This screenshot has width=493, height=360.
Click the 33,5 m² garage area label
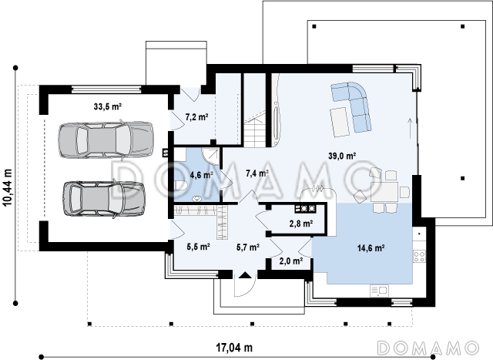[108, 106]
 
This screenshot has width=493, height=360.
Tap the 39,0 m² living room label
[342, 156]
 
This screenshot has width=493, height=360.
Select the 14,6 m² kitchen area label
[371, 248]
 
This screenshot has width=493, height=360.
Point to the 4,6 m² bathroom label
[202, 175]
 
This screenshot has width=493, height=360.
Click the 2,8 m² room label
[301, 224]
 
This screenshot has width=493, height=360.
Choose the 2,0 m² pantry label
[291, 261]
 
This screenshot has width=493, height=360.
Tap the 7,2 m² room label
[197, 117]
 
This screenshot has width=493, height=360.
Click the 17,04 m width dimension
[234, 348]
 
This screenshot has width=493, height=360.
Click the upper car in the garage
[106, 140]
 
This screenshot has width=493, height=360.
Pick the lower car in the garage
[104, 197]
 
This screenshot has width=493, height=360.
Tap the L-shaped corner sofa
[354, 106]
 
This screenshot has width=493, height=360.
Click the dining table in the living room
[384, 192]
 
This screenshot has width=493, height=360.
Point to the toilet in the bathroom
[181, 185]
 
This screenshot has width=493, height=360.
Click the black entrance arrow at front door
[245, 276]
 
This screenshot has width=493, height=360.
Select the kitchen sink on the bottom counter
[379, 291]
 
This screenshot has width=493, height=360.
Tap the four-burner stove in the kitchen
[419, 256]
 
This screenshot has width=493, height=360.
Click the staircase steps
[255, 130]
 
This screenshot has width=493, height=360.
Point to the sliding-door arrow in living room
[410, 129]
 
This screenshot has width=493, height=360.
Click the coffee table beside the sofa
[340, 122]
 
